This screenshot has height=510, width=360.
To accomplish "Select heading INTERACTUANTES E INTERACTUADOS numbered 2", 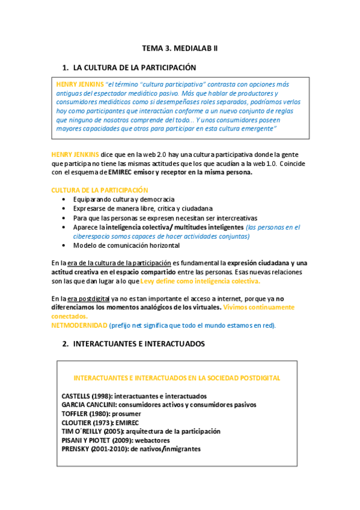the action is coord(139,343).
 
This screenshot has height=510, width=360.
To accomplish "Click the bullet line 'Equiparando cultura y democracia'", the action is coord(124,198).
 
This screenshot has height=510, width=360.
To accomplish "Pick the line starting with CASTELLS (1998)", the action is coord(134,396).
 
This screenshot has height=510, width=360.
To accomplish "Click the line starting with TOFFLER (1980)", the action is coord(101,414).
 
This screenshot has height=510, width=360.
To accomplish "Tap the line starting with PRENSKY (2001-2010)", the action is coord(131,449).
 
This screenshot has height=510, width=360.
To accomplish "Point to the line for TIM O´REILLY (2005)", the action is coord(141,431).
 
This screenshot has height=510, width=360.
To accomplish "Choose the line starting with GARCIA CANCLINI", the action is coord(159,405).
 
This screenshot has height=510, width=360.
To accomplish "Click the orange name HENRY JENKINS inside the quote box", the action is coord(79,84).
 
